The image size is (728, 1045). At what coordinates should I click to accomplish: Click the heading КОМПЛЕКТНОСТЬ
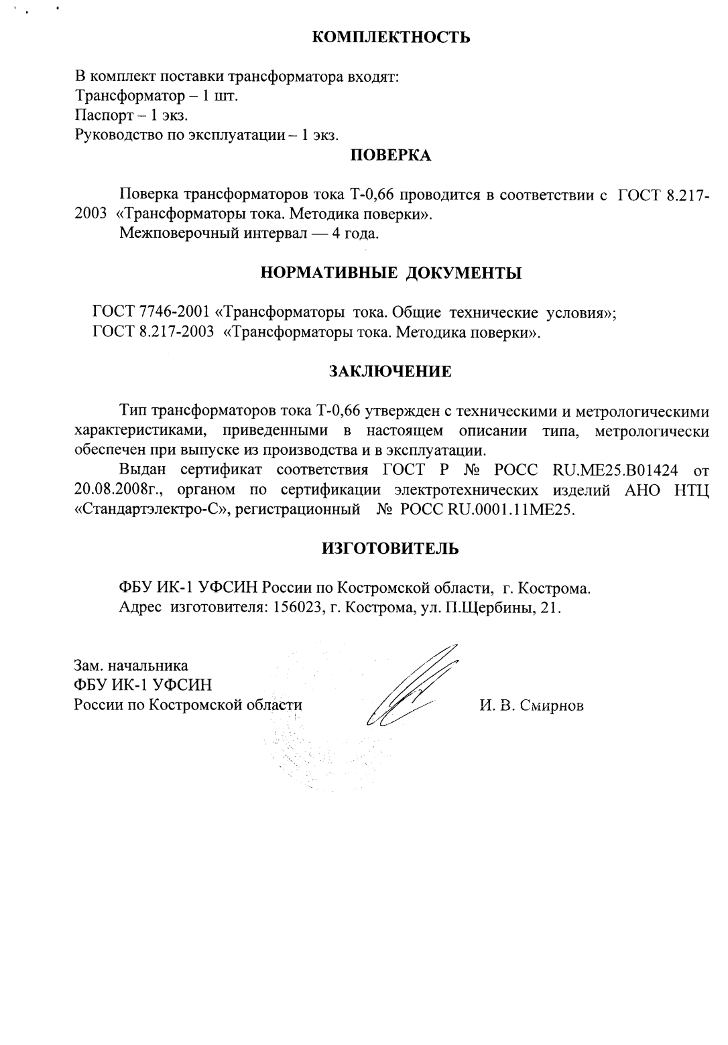(391, 37)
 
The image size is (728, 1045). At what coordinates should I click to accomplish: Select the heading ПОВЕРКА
(391, 156)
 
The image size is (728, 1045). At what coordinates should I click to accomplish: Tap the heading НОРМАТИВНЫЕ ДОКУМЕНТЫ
(391, 273)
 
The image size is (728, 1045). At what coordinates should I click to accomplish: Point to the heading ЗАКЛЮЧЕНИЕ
(390, 371)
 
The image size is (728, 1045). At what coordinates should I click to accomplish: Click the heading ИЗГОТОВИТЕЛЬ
(391, 549)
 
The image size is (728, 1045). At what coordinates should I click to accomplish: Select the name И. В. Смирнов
(532, 705)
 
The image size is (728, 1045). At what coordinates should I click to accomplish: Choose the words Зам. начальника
(131, 666)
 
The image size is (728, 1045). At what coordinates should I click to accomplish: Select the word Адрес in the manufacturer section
(139, 608)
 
